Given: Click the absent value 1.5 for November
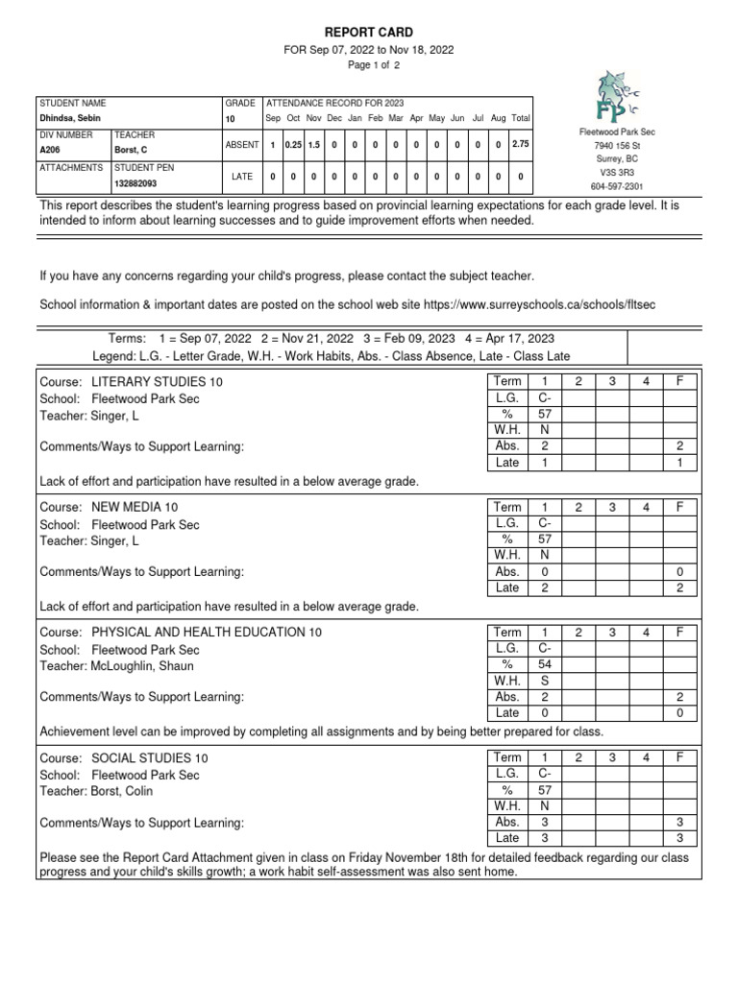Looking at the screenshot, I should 313,144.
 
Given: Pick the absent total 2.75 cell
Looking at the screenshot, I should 520,144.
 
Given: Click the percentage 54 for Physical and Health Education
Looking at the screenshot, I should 545,664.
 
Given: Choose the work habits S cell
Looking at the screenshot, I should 545,681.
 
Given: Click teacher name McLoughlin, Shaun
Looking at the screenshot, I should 141,665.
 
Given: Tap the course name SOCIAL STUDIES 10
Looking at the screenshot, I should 149,758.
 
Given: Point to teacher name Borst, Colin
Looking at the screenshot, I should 121,791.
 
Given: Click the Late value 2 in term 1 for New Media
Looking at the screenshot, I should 545,587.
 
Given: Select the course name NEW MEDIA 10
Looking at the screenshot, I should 135,507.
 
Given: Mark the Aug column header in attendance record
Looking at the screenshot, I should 498,118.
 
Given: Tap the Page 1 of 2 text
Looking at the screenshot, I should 374,65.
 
